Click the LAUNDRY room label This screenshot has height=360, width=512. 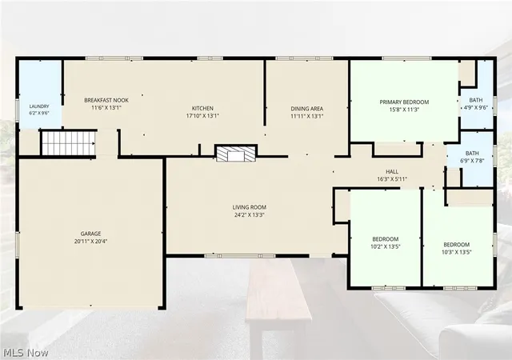pos(39,106)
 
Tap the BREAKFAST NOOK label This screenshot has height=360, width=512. pos(106,100)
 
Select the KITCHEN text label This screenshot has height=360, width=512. pos(202,108)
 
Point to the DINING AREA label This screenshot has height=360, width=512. pos(307,109)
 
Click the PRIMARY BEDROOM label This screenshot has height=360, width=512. pos(404,102)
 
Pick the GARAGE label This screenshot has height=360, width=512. pos(90,234)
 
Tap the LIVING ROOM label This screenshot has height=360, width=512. pos(250,207)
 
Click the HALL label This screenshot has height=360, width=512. pos(392,171)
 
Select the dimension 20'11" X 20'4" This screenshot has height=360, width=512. pos(90,242)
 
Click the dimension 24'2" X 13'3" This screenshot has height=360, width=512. pos(250,215)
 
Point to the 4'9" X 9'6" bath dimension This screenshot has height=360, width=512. pos(476,107)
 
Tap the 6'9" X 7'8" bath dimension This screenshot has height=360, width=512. pos(472,160)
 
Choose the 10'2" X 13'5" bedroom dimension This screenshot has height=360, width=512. pos(386,246)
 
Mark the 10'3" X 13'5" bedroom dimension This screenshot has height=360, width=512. pos(457,252)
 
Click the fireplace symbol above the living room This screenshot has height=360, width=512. pos(236,154)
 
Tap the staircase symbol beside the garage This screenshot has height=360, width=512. pos(69,143)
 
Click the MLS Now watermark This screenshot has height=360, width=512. pos(26,353)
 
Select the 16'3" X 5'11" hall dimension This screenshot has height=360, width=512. pos(392,179)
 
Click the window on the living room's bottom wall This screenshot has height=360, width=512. pos(240,256)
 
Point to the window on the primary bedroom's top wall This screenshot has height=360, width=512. pos(407,58)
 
